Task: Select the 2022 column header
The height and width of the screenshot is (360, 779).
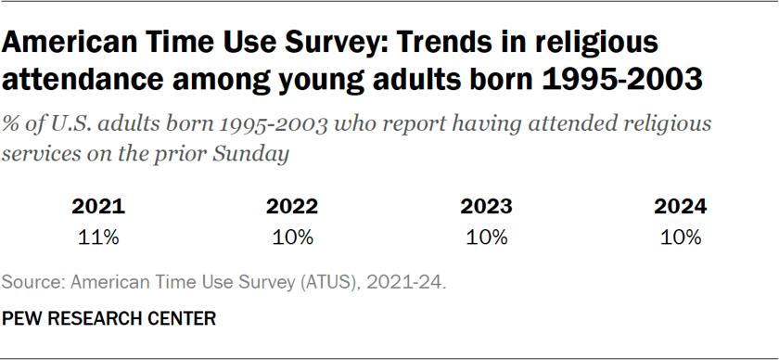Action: click(x=292, y=207)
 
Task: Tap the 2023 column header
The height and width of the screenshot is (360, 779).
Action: click(x=487, y=207)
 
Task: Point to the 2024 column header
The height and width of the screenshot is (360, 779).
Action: click(x=681, y=207)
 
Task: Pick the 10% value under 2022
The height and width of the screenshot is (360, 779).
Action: click(x=292, y=237)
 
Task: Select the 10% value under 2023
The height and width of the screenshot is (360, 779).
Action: click(x=487, y=237)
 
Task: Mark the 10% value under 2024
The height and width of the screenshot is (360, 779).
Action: click(x=681, y=237)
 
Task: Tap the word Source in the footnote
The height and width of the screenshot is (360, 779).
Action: click(x=31, y=282)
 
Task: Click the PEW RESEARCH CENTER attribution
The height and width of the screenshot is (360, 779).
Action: click(x=109, y=318)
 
